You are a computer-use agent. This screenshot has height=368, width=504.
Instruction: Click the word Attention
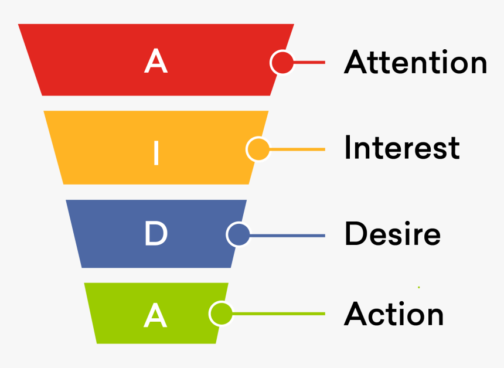416,62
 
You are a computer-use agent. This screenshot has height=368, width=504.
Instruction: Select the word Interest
402,148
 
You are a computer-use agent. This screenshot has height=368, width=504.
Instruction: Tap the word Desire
392,234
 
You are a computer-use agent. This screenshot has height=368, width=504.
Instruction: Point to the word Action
394,314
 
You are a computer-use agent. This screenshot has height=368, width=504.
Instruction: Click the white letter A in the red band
156,62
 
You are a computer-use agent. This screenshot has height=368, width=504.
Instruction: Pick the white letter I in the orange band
156,152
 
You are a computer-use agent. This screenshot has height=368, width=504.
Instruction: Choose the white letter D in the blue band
156,234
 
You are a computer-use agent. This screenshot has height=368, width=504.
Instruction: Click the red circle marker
282,62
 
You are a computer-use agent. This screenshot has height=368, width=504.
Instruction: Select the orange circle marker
257,149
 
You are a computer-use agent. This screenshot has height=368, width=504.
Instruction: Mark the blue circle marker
238,235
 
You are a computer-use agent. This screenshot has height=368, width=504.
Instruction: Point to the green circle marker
220,314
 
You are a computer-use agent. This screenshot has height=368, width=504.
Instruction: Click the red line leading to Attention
309,62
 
